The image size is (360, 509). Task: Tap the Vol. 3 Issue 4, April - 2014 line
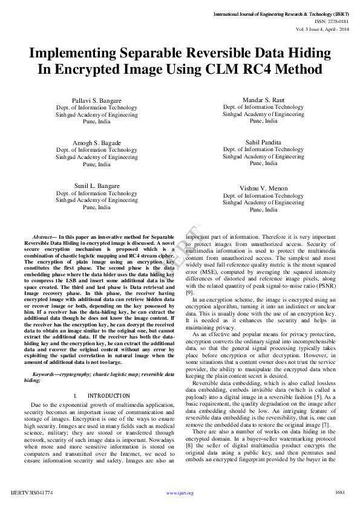coord(322,28)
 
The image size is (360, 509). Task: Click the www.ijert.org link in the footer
coord(180,493)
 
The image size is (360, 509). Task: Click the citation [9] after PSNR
coord(190,293)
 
